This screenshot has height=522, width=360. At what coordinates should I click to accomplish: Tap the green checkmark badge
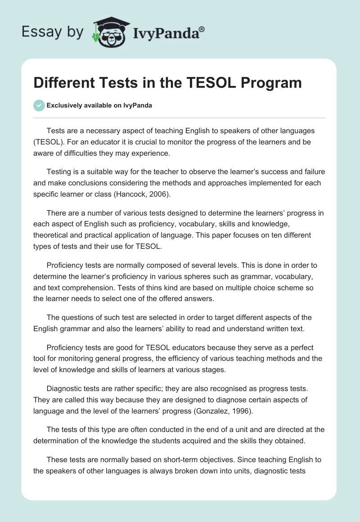[x=39, y=105]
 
